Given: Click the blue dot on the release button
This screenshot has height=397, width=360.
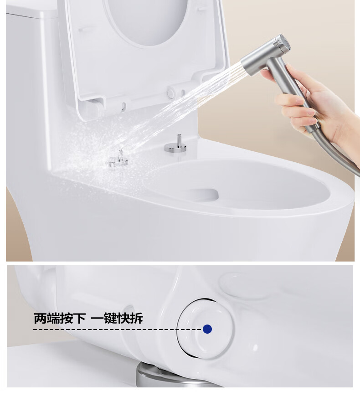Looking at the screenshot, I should click(x=207, y=329).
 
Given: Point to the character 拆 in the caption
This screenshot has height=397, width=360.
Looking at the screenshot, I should click(x=136, y=318).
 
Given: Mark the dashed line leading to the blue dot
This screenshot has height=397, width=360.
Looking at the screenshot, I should click(x=118, y=329).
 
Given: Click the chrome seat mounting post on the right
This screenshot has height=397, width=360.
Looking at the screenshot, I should click(x=175, y=144).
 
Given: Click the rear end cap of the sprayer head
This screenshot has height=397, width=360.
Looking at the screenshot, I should click(x=283, y=43).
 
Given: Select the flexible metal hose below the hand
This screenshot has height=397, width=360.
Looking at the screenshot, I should click(x=339, y=155).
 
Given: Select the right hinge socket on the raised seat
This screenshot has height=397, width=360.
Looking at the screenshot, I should click(x=170, y=93).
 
